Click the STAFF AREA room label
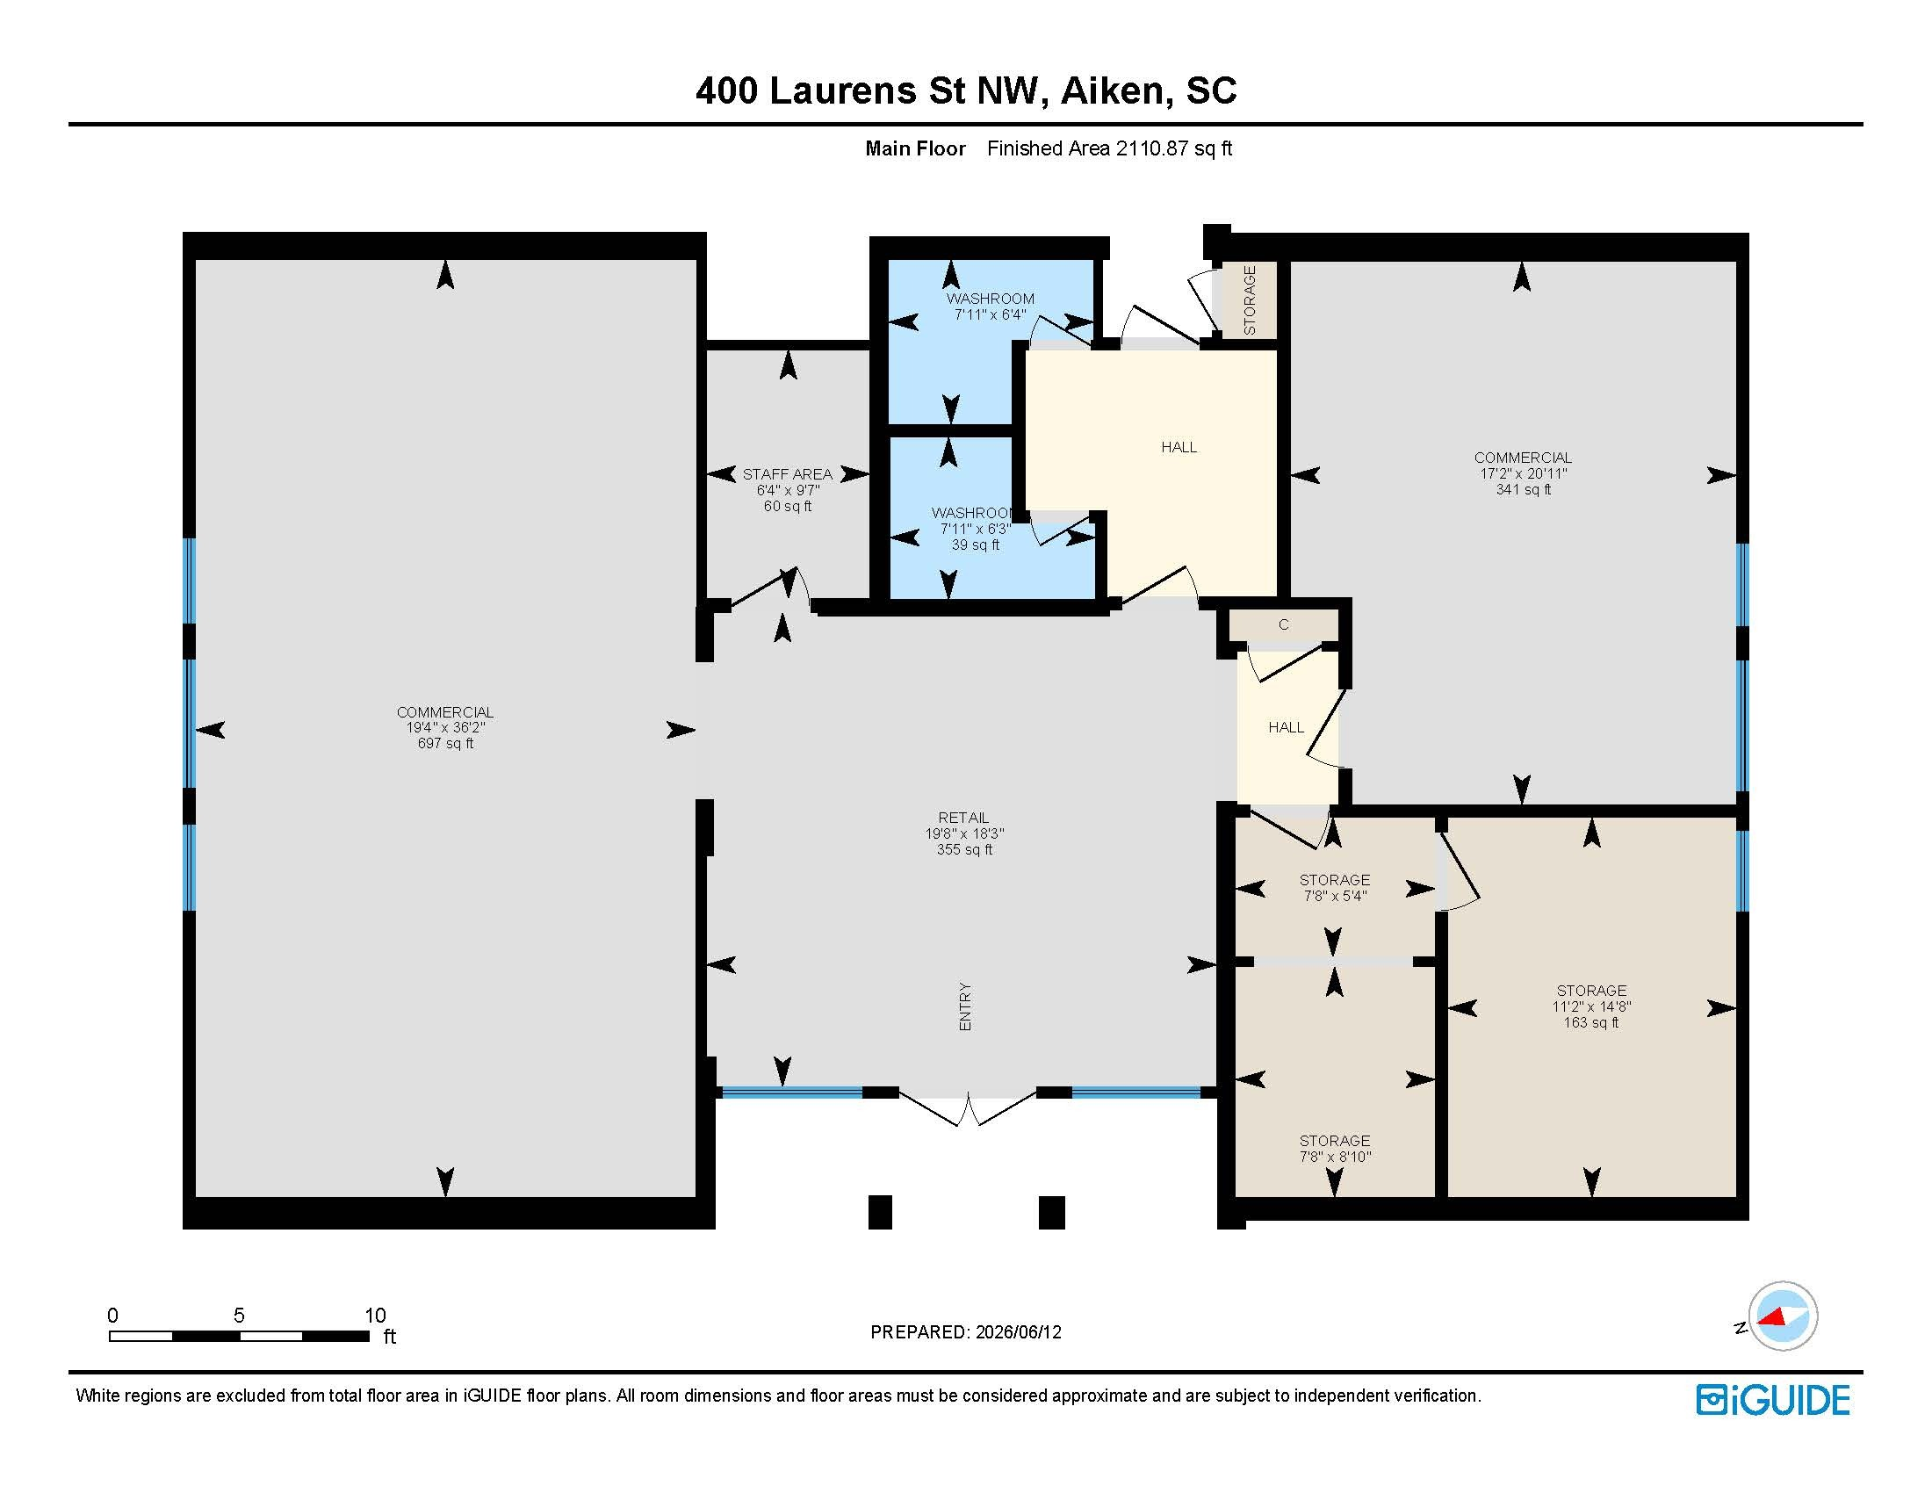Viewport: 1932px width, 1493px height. (788, 474)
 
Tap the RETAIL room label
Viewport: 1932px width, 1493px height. (963, 818)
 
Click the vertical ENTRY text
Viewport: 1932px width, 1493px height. (965, 1006)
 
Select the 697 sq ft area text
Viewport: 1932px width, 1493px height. (445, 744)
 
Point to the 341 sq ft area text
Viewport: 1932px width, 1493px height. (1523, 490)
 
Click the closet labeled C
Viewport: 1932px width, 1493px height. (1284, 624)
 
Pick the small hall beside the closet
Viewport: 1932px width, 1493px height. (1287, 727)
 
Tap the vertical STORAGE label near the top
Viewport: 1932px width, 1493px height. (1249, 299)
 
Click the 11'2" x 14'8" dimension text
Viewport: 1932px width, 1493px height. (1591, 1006)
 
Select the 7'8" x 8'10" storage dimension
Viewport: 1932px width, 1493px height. (1335, 1157)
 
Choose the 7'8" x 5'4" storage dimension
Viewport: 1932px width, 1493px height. (1335, 896)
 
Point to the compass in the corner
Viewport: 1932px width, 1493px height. (1782, 1316)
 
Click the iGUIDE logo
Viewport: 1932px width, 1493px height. (1773, 1400)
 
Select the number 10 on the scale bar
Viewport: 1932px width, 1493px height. (375, 1316)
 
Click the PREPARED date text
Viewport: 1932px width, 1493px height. (966, 1332)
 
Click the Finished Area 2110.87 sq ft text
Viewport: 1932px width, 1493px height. (1109, 148)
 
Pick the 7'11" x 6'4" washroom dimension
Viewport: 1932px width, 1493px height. (990, 315)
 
